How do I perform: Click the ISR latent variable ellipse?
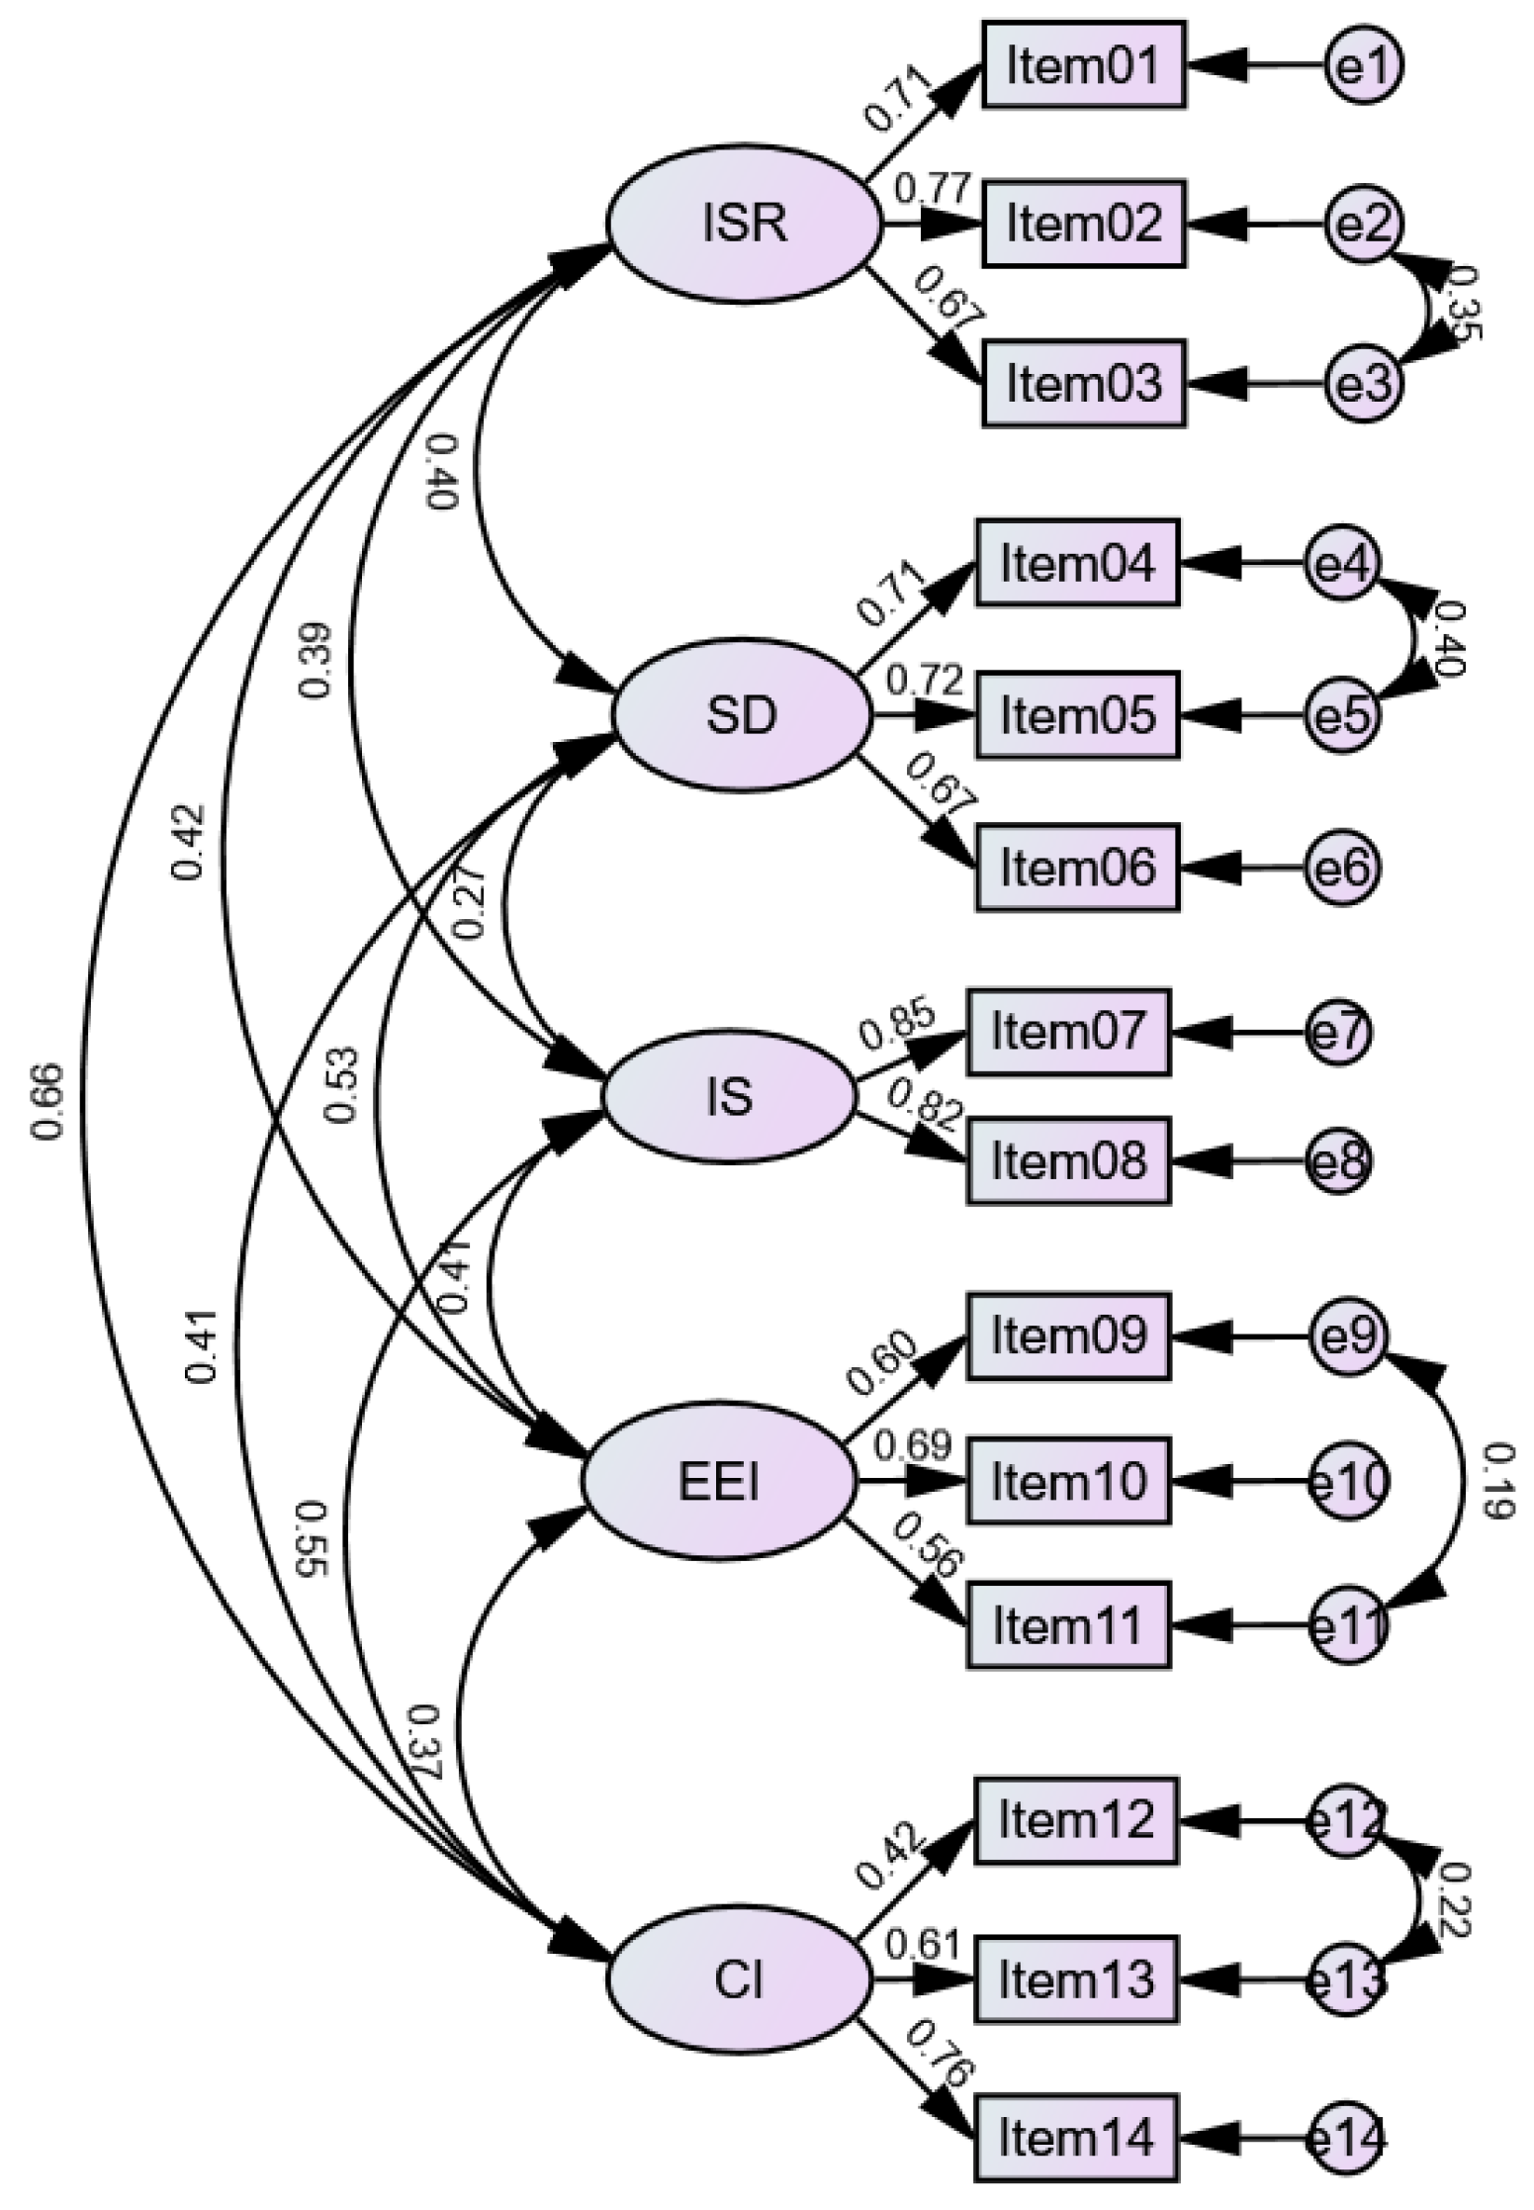point(743,224)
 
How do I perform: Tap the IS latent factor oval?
point(729,1097)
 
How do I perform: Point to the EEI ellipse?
point(718,1482)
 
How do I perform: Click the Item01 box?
point(1083,65)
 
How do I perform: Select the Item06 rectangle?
point(1078,867)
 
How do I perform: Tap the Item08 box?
point(1068,1160)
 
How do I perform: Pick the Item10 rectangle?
point(1068,1481)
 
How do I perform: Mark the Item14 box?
point(1077,2140)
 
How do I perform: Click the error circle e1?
point(1363,66)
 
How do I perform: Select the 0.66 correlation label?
point(49,1101)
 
